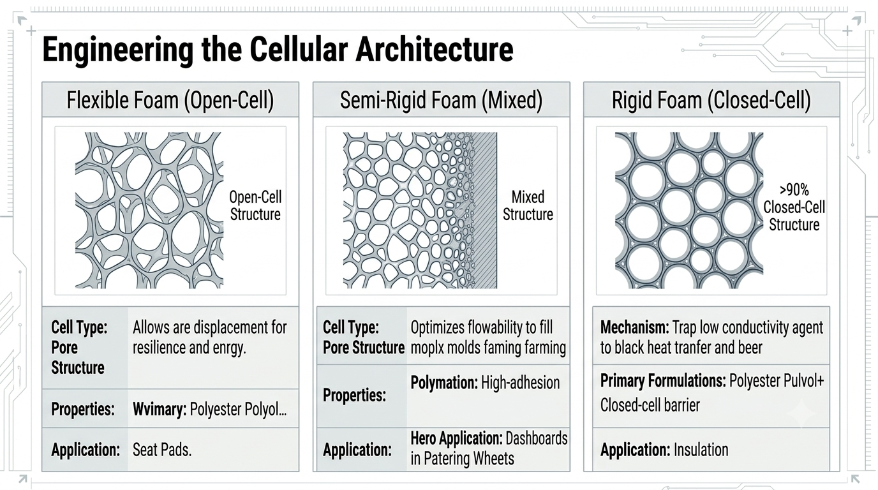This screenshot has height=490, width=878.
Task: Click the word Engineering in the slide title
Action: click(x=117, y=50)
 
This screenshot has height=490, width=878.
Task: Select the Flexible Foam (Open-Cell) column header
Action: click(x=170, y=100)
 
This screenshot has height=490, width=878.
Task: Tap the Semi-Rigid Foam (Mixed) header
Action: click(x=441, y=100)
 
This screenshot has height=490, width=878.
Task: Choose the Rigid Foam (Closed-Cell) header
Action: click(x=711, y=100)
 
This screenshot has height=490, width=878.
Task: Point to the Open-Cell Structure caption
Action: click(x=255, y=206)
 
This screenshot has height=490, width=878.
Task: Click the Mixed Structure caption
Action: click(x=528, y=206)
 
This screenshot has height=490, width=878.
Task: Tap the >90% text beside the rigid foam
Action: click(x=794, y=189)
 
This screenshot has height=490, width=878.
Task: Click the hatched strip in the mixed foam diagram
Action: click(x=485, y=211)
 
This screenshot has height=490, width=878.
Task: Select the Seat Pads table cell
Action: click(x=162, y=450)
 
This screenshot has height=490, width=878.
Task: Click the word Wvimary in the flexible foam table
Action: click(x=160, y=409)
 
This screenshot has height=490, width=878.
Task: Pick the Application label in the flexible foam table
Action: click(x=86, y=450)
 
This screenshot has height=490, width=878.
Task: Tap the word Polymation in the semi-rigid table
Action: click(x=444, y=383)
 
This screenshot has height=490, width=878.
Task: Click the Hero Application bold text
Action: click(x=456, y=439)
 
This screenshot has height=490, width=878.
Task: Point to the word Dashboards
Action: click(x=537, y=439)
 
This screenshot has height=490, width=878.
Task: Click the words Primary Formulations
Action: click(x=662, y=381)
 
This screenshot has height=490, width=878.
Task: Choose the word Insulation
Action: click(x=701, y=450)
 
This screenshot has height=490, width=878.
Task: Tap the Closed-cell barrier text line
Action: click(x=650, y=405)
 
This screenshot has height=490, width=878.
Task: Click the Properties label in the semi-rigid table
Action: click(x=354, y=396)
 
